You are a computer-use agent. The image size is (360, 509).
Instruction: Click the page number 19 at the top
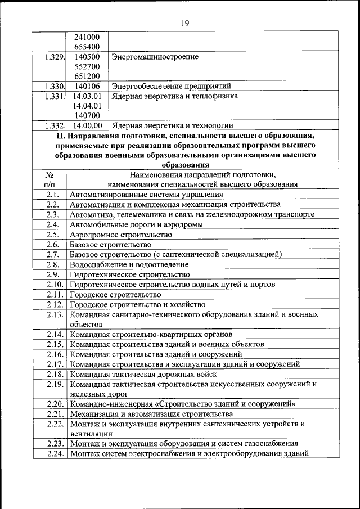click(x=185, y=23)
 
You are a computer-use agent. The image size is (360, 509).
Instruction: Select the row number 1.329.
click(x=53, y=57)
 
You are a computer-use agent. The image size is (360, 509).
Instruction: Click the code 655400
click(x=87, y=47)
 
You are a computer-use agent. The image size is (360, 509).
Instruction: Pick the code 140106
click(x=87, y=86)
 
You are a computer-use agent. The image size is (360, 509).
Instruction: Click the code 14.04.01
click(x=87, y=106)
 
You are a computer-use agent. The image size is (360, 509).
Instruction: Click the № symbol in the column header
click(x=49, y=174)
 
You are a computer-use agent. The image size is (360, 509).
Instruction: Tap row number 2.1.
click(x=53, y=194)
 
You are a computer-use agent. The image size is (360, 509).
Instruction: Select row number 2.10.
click(x=55, y=285)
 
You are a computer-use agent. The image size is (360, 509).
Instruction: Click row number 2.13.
click(x=55, y=314)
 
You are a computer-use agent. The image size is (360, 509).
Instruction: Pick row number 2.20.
click(x=55, y=404)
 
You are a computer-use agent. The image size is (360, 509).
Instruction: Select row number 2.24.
click(x=55, y=453)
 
